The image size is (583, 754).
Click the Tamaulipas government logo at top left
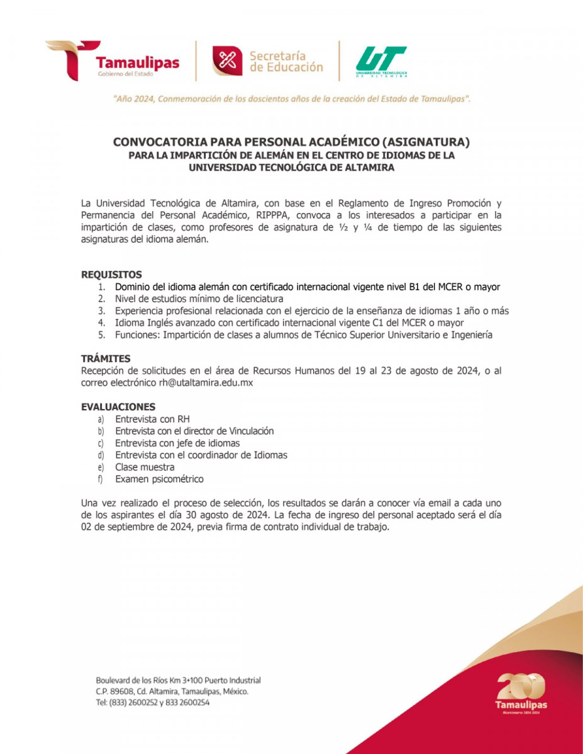tap(113, 60)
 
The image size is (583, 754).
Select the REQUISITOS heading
tap(111, 275)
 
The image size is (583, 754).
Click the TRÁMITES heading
tap(106, 359)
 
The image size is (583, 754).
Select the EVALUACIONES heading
tap(118, 407)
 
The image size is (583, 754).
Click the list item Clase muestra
tap(145, 467)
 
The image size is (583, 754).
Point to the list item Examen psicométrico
tap(159, 479)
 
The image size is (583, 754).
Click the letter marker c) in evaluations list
tap(101, 444)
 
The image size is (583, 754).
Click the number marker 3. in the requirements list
tap(101, 311)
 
